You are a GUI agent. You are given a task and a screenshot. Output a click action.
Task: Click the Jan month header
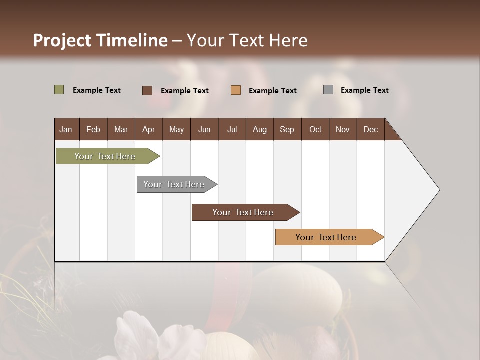66,129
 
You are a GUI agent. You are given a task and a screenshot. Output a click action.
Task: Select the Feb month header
93,129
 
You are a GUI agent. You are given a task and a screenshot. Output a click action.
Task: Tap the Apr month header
148,129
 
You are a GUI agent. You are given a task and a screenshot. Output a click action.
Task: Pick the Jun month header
204,129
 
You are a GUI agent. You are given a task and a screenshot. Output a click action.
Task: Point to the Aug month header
259,129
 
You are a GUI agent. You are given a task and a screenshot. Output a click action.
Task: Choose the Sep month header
287,129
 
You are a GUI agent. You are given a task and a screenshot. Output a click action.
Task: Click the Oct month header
315,129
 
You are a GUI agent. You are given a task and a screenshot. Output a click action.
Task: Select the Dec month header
370,129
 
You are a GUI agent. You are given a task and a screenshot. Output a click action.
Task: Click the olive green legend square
59,90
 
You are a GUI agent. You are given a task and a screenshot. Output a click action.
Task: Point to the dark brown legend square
147,90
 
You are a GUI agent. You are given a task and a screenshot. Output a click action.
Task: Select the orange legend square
236,90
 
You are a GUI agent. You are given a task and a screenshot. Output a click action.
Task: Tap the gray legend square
328,90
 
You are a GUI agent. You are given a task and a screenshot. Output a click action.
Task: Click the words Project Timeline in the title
100,40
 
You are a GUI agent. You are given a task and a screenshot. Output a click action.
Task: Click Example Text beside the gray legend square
364,90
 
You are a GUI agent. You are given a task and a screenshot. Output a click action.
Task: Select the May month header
176,129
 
